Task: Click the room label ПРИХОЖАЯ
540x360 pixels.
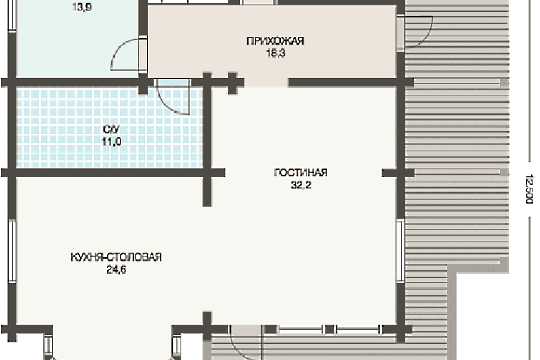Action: click(276, 41)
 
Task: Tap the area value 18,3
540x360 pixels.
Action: click(276, 53)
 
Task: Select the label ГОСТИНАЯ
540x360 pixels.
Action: click(300, 172)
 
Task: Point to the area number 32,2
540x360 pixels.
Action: click(300, 185)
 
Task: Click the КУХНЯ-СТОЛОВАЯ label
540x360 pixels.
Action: click(116, 257)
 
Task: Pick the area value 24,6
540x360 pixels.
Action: click(116, 270)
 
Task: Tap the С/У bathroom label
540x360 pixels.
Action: click(111, 129)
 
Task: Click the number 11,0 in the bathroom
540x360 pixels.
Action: click(111, 141)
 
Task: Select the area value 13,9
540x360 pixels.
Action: click(82, 7)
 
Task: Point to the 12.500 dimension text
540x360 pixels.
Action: click(529, 189)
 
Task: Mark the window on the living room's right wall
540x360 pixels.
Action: click(400, 251)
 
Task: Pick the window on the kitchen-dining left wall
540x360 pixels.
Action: click(12, 251)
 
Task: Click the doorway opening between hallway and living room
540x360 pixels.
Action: click(266, 82)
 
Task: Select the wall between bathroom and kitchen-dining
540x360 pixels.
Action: click(109, 173)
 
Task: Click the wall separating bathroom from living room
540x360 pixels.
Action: click(207, 128)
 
